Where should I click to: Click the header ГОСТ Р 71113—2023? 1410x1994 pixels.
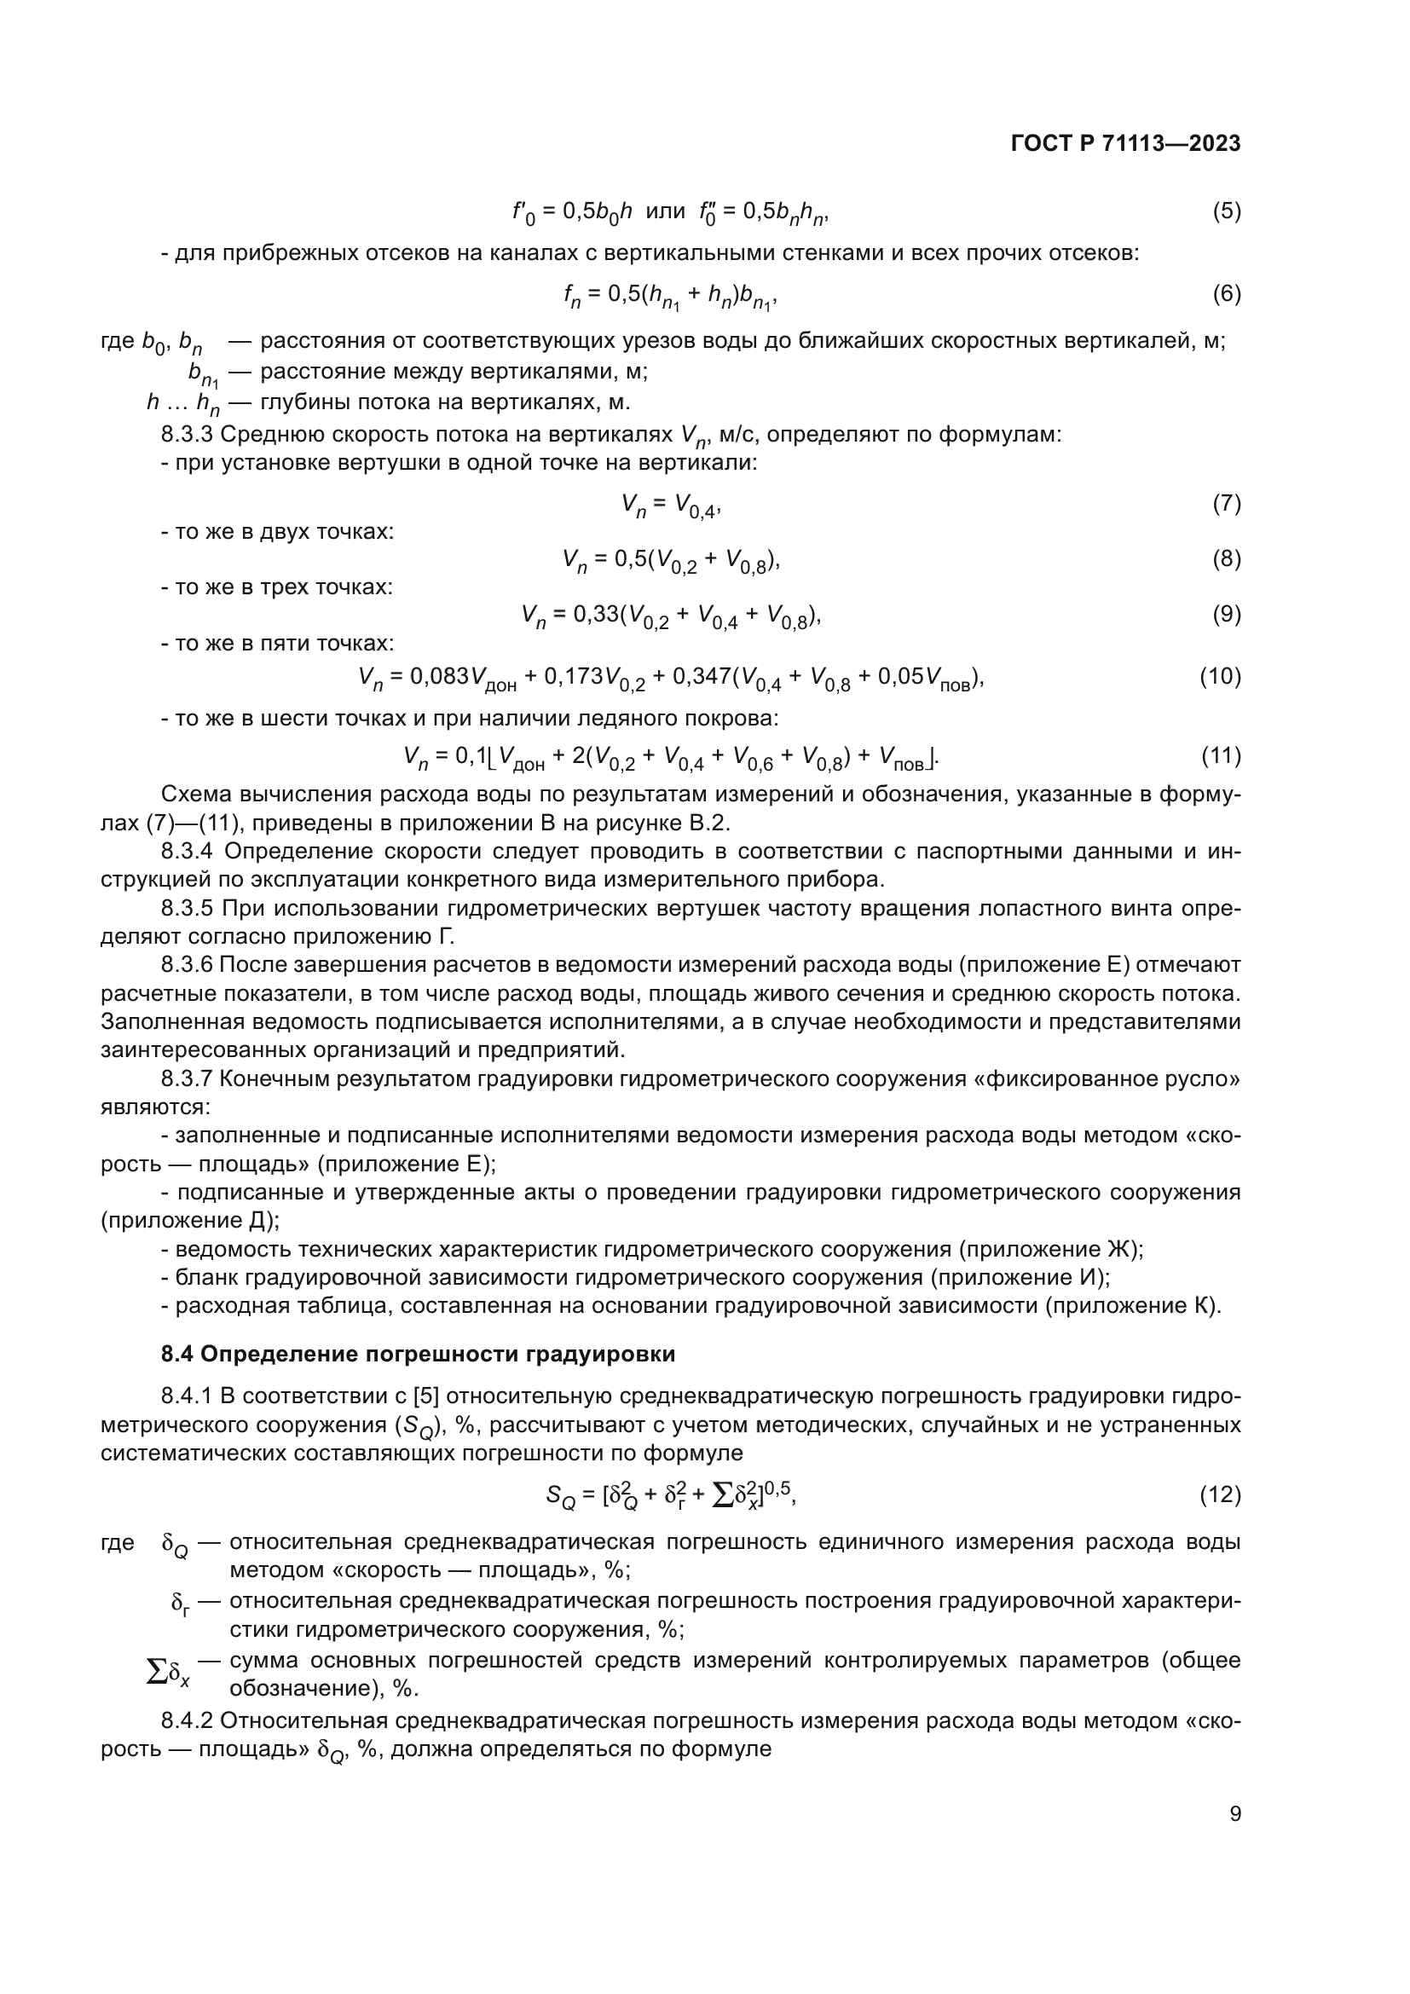(1125, 144)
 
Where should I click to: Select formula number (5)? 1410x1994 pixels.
(1226, 211)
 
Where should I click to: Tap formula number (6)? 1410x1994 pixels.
(1226, 293)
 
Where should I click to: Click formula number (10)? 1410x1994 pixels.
(1220, 676)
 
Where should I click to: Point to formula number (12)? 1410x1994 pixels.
(1220, 1494)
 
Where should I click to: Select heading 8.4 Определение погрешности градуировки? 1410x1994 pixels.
(418, 1354)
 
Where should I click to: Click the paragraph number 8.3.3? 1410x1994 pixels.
(187, 434)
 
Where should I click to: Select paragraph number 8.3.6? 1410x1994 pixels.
(187, 965)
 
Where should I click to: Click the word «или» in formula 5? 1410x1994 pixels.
(665, 211)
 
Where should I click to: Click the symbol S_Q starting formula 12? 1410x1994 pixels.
(560, 1495)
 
